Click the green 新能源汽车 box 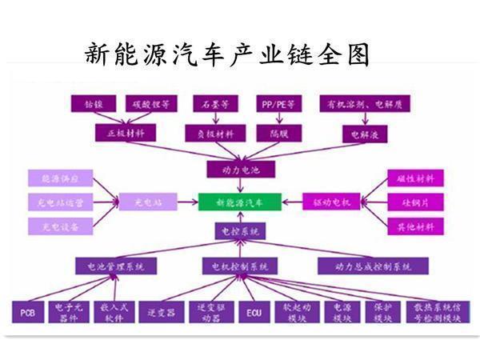pyautogui.click(x=238, y=202)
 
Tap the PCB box pyautogui.click(x=28, y=312)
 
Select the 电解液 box pyautogui.click(x=365, y=134)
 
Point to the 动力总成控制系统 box pyautogui.click(x=373, y=266)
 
